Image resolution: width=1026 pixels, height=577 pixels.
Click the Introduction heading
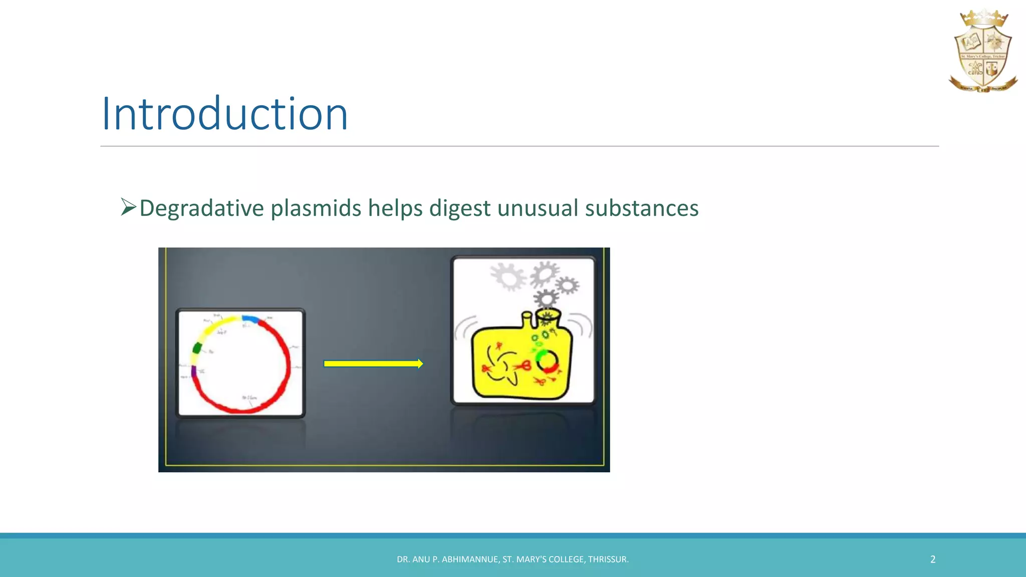[224, 114]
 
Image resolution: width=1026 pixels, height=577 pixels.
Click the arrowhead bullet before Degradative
[128, 207]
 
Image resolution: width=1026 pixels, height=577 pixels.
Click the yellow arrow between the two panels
[373, 364]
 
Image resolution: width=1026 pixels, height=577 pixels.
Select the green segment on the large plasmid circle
[197, 348]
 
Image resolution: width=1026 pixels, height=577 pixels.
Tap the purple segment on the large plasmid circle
[194, 371]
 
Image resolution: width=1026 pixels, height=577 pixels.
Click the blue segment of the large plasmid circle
[250, 319]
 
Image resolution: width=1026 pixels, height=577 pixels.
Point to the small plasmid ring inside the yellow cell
[548, 362]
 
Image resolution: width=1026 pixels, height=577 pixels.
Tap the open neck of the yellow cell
[548, 316]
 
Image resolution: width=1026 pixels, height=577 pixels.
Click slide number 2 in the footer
[932, 559]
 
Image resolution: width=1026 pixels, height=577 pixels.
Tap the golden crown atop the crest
[983, 19]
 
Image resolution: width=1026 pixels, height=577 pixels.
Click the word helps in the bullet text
[395, 208]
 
